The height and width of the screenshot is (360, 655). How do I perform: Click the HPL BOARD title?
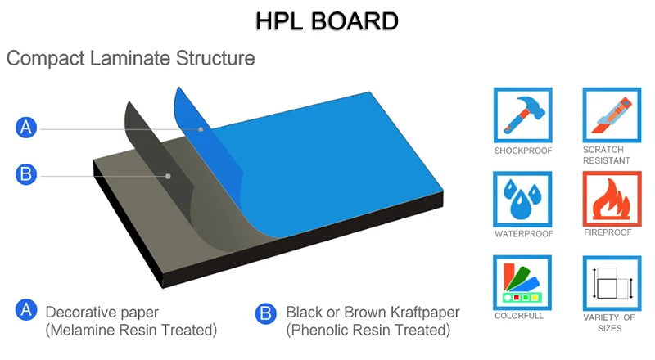pos(327,20)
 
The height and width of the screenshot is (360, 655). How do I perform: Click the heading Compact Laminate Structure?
pos(131,59)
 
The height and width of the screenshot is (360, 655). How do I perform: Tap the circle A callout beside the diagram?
pos(27,127)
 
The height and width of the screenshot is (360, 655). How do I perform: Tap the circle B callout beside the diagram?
pos(27,173)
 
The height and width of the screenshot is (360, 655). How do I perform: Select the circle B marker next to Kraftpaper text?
pos(264,313)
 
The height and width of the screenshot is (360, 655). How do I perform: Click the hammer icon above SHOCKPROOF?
pos(522,115)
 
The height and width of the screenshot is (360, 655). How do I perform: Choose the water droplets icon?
pos(522,199)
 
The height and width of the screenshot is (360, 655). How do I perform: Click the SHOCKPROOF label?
pos(523,151)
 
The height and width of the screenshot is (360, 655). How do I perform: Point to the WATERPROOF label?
pos(524,234)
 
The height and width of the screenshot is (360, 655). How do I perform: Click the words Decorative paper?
pos(102,313)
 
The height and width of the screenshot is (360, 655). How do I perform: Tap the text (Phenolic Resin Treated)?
pos(368,331)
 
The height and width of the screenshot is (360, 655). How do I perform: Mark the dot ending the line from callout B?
pos(168,175)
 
